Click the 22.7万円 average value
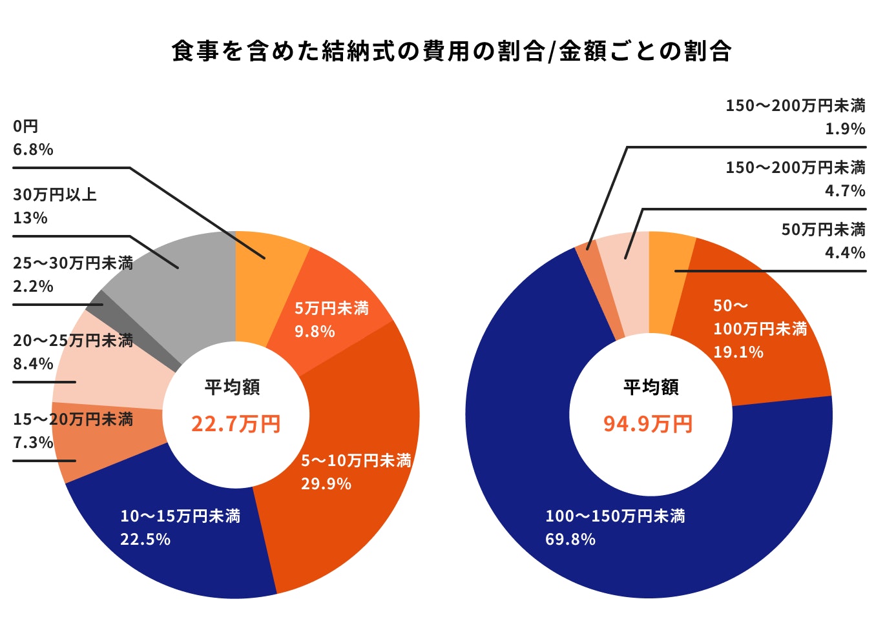pyautogui.click(x=236, y=424)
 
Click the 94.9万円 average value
pyautogui.click(x=648, y=424)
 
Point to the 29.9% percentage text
pyautogui.click(x=326, y=483)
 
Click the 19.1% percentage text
pyautogui.click(x=738, y=352)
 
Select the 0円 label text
pyautogui.click(x=26, y=126)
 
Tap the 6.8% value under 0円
pyautogui.click(x=33, y=149)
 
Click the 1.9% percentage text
pyautogui.click(x=845, y=128)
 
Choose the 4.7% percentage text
pyautogui.click(x=845, y=190)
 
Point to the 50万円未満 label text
pyautogui.click(x=823, y=229)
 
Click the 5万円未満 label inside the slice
pyautogui.click(x=331, y=309)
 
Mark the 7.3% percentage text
pyautogui.click(x=33, y=442)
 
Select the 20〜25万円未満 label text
pyautogui.click(x=73, y=340)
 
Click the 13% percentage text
pyautogui.click(x=30, y=218)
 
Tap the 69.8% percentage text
pyautogui.click(x=570, y=539)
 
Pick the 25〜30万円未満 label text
pyautogui.click(x=73, y=263)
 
